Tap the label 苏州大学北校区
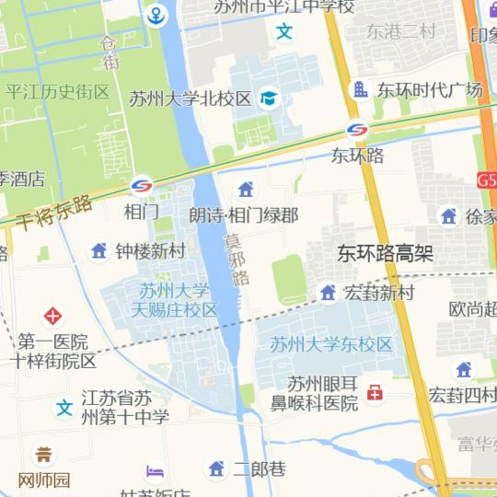point(191,98)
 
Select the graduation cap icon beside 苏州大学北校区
point(269,98)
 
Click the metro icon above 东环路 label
point(357,132)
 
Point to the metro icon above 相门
point(142,186)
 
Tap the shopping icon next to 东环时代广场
point(359,89)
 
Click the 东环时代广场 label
point(429,90)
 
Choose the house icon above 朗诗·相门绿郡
point(245,191)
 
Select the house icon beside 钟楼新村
point(99,250)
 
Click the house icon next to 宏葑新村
point(328,293)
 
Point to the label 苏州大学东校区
point(331,345)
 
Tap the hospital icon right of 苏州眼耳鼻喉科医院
point(375,394)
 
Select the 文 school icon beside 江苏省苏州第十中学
point(64,407)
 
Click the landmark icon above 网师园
point(43,455)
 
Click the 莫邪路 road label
point(238,260)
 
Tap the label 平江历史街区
point(57,92)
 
